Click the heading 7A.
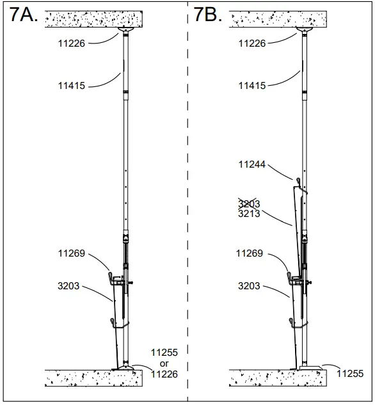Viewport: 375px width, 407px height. tap(24, 16)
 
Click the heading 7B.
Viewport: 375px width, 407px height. tap(208, 16)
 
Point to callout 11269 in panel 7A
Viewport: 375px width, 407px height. tap(70, 253)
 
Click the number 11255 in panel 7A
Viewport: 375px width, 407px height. tap(164, 353)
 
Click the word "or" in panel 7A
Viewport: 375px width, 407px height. tap(164, 363)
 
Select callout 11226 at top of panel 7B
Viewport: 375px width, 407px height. tap(253, 44)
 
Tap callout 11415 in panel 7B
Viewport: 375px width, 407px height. tap(253, 85)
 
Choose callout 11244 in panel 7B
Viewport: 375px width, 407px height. tap(253, 164)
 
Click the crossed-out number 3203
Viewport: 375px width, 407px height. tap(249, 204)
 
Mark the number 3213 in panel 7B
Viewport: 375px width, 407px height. tap(249, 214)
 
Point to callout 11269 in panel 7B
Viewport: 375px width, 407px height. tap(250, 253)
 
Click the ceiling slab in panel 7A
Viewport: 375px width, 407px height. tap(93, 19)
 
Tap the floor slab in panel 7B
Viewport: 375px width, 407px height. tap(275, 378)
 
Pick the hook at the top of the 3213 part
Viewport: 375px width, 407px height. tap(298, 182)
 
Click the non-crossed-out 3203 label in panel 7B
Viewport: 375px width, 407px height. tap(249, 286)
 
